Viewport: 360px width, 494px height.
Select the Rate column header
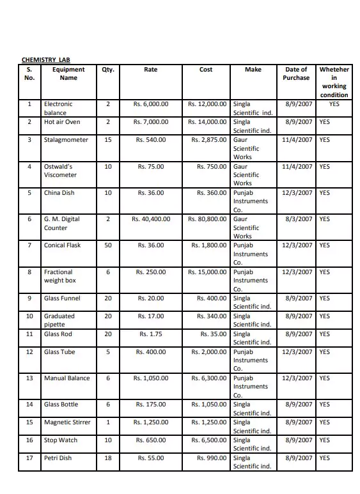coord(150,70)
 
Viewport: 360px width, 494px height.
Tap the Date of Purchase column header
coord(296,73)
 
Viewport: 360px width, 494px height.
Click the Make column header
coord(253,70)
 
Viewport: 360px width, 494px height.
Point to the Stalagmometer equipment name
coord(66,139)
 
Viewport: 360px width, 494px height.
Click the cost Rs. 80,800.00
coord(207,219)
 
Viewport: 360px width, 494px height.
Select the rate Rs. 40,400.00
coord(151,219)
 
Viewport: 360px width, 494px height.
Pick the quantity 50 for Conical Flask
coord(107,245)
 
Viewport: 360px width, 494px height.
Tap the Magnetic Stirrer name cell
coord(67,422)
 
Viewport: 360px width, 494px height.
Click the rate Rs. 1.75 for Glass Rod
coord(151,334)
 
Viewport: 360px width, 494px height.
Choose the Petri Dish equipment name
coord(58,458)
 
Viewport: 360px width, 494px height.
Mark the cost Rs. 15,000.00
coord(207,272)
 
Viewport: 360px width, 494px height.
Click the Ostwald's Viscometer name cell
coord(60,171)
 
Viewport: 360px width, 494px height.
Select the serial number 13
coord(29,378)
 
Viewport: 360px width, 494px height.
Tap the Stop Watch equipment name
coord(60,440)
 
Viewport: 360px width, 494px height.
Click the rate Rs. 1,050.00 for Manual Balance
coord(151,378)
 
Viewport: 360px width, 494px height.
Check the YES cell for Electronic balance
coord(334,104)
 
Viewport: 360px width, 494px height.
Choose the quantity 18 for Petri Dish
coord(107,458)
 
